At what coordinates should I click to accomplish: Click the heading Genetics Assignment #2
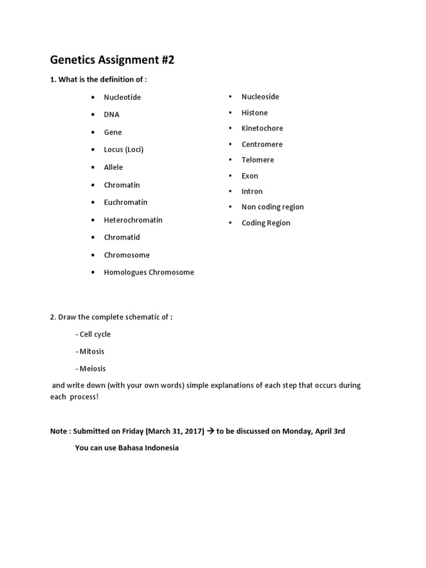112,60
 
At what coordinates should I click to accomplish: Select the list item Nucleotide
122,97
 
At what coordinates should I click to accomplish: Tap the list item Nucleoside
260,97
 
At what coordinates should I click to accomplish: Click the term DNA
111,115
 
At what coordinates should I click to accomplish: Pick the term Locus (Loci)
124,150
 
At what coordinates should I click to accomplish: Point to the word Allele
113,168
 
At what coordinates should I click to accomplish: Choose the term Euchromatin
125,202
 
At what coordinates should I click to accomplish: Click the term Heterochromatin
133,220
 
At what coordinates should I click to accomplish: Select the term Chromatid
121,237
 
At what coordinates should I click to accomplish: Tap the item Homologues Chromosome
149,272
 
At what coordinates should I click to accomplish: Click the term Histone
255,113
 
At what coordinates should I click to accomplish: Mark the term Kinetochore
262,128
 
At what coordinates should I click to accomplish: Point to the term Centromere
262,144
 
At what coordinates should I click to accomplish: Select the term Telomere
257,160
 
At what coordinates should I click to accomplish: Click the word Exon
250,176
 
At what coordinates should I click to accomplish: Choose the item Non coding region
272,207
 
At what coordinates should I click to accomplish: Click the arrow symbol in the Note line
211,431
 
